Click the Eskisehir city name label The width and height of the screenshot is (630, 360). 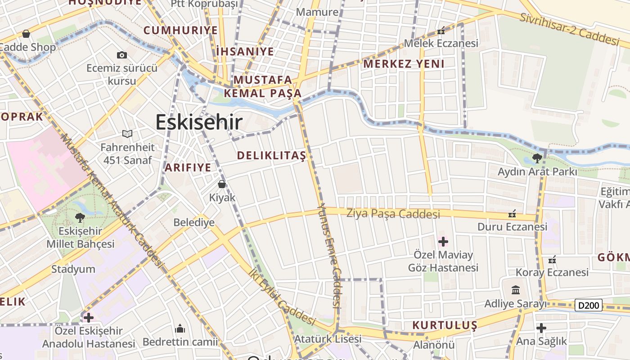tap(199, 122)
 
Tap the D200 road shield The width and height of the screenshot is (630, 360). tap(589, 306)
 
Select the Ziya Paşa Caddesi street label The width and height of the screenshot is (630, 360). tap(393, 214)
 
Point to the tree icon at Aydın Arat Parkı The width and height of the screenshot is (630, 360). tap(536, 158)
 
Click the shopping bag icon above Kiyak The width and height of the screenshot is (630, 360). tap(221, 184)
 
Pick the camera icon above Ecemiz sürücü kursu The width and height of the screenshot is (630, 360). tap(121, 55)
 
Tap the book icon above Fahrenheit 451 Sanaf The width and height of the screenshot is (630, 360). tap(127, 134)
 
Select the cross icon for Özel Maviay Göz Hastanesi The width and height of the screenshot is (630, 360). tap(443, 242)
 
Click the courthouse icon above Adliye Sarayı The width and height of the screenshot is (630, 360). tap(516, 290)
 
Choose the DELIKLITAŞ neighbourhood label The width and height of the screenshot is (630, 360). tap(271, 156)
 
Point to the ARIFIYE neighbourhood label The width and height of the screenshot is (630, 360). tap(188, 168)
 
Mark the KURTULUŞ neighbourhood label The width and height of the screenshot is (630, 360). tap(445, 325)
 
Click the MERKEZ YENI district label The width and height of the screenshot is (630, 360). tap(404, 64)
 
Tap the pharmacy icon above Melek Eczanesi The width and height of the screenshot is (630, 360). tap(441, 31)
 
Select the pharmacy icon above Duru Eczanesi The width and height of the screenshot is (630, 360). tap(512, 213)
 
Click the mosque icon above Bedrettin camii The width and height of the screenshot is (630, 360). tap(180, 328)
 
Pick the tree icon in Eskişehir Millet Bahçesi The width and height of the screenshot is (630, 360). tap(80, 218)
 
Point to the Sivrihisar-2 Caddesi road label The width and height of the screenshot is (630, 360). tap(570, 30)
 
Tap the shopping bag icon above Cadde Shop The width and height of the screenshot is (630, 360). tap(26, 34)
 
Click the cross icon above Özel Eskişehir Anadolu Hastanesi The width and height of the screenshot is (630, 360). tap(89, 318)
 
